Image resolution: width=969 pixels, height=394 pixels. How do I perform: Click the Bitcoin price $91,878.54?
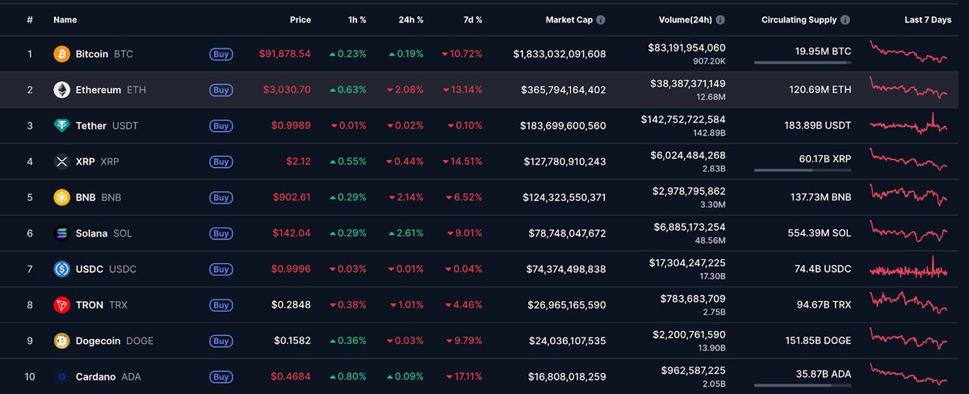[284, 54]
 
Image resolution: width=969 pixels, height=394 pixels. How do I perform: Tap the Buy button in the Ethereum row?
[220, 90]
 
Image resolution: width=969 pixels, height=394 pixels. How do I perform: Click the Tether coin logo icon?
[61, 126]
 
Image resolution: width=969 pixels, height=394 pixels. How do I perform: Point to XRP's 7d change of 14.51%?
[462, 161]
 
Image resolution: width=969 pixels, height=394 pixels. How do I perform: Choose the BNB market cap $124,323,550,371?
[559, 197]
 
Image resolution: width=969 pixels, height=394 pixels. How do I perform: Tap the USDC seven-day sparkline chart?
[909, 268]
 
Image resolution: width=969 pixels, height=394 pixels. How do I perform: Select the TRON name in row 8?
[90, 305]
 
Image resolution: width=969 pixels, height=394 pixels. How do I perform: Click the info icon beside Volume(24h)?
[720, 19]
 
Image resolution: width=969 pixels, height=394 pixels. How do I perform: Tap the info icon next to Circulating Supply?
[845, 19]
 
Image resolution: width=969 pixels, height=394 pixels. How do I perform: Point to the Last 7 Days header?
[928, 19]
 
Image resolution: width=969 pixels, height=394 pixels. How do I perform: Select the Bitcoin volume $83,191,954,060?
[686, 48]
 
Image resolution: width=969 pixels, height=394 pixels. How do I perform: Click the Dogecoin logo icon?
[61, 341]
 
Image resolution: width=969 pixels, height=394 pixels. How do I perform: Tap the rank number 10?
[30, 376]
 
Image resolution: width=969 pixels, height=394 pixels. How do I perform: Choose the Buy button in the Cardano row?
[220, 376]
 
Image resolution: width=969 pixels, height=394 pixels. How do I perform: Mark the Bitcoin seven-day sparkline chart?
[909, 52]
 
